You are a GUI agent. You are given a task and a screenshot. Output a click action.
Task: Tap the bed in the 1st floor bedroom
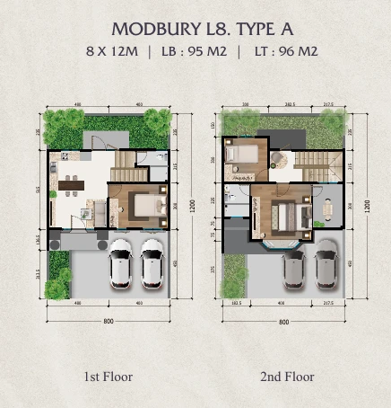pyautogui.click(x=143, y=208)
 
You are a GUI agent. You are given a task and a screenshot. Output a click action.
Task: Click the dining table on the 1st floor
pyautogui.click(x=69, y=187)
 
